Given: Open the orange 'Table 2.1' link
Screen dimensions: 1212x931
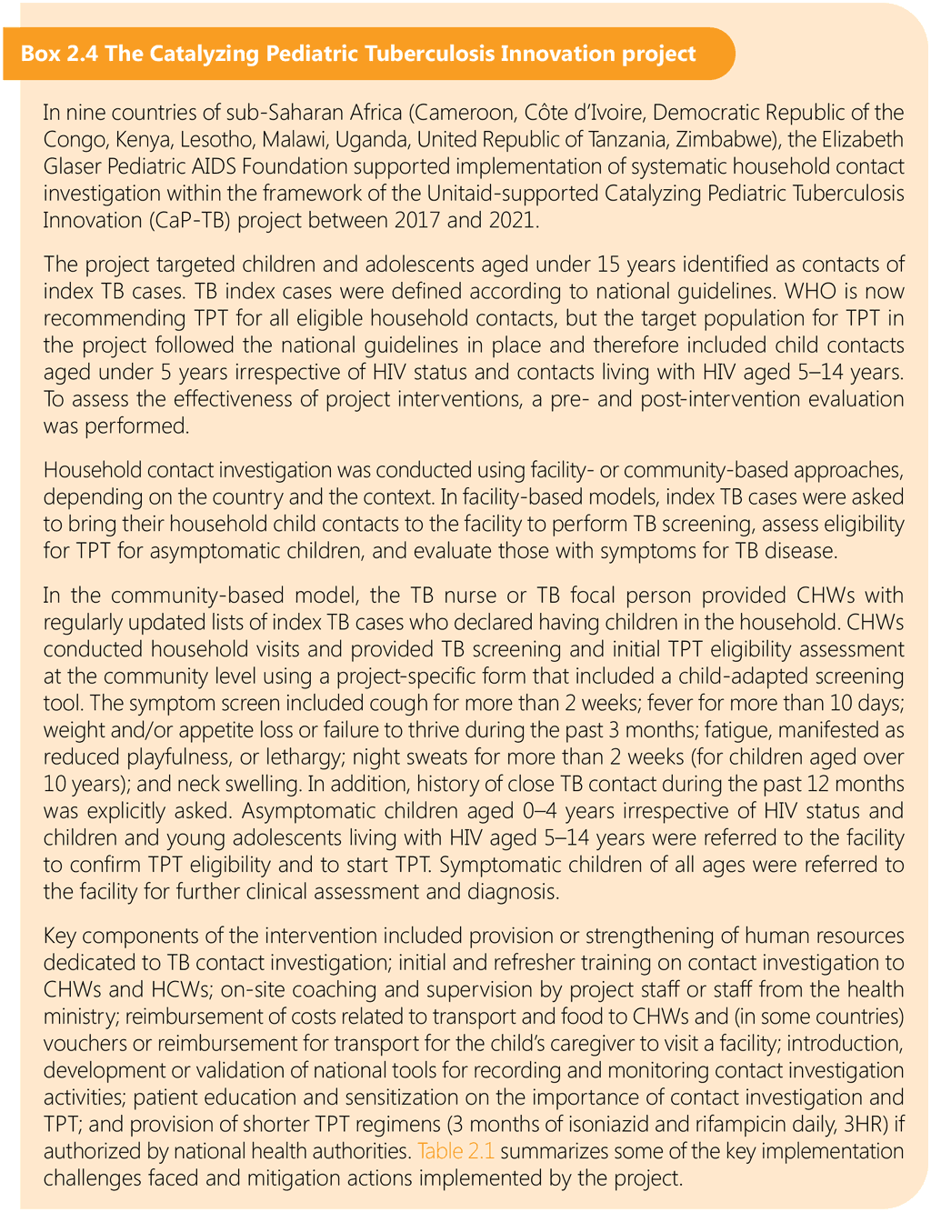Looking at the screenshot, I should pyautogui.click(x=455, y=1152).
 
